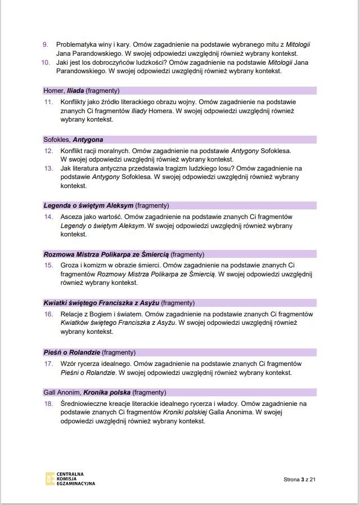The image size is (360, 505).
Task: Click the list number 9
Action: point(46,44)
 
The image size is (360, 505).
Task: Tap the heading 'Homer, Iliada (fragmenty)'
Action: point(82,91)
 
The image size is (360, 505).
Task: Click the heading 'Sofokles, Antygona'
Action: point(73,140)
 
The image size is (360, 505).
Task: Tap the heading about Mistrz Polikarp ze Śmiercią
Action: point(124,254)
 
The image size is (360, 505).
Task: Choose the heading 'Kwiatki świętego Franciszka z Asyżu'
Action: point(119,302)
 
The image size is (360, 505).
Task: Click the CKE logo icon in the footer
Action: point(51,479)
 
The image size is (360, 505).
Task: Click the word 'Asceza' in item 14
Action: point(71,216)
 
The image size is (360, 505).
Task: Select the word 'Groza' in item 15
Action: point(70,265)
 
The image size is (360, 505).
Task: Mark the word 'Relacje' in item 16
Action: point(73,314)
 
